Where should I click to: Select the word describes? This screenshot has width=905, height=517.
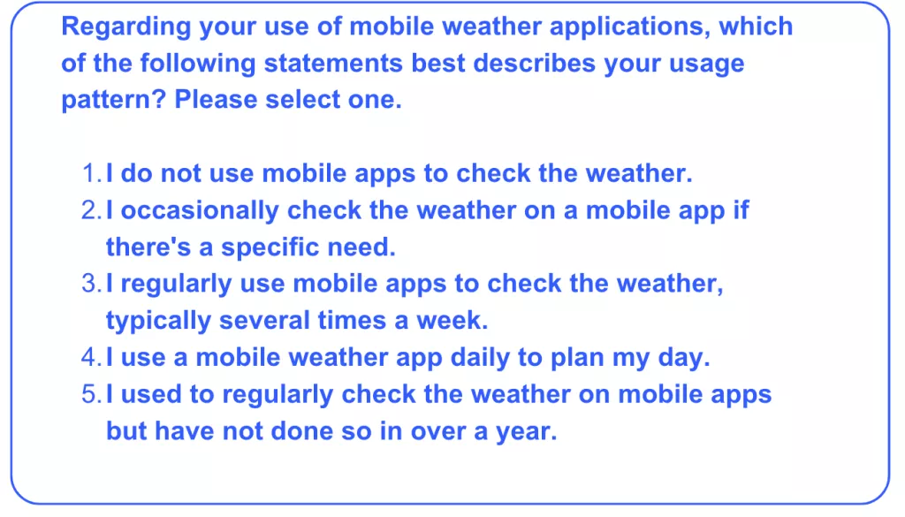coord(534,63)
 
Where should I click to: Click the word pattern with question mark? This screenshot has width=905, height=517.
coord(114,100)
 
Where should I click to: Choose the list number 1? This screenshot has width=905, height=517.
coord(92,173)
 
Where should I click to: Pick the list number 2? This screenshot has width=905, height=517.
coord(92,210)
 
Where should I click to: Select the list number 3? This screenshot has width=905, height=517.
coord(92,284)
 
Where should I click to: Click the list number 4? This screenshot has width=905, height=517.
coord(92,357)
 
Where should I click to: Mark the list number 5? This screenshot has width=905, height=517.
coord(92,394)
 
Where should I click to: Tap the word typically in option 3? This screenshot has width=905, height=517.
coord(158,321)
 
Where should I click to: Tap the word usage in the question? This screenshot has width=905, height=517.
coord(706,64)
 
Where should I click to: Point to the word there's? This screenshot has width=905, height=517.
coord(148,247)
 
